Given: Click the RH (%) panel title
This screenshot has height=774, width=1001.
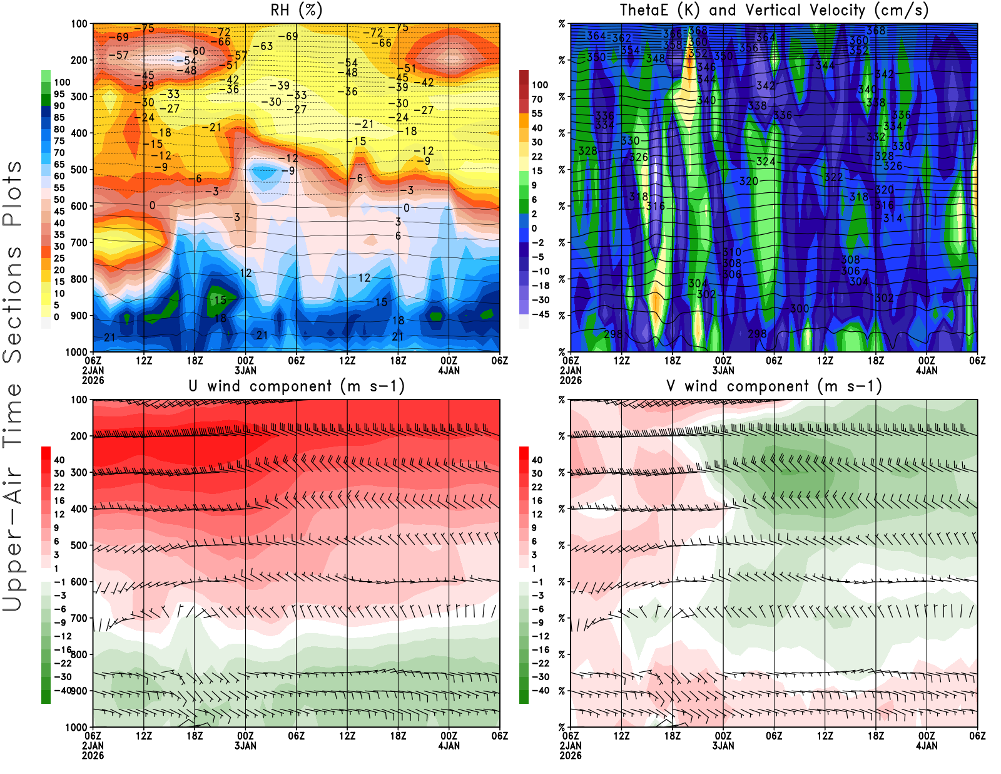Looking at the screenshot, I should (x=296, y=10).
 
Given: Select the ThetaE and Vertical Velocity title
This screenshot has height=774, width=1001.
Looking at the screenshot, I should (x=774, y=10).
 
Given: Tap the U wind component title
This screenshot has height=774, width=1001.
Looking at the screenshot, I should (x=296, y=386).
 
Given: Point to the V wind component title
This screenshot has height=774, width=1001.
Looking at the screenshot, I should (x=774, y=386).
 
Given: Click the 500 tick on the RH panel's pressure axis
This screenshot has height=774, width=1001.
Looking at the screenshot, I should (x=79, y=169).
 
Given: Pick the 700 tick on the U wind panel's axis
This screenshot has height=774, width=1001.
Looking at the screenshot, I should (x=79, y=618).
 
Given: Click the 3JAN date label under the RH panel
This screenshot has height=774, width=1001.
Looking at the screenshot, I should (x=245, y=370).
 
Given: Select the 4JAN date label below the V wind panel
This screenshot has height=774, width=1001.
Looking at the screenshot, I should (x=927, y=746).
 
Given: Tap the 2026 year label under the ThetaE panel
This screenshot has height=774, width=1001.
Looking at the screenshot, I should (x=571, y=380).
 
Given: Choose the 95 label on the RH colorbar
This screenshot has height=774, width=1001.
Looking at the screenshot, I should (x=59, y=94).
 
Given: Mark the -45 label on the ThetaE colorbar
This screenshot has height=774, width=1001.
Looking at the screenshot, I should (x=541, y=314).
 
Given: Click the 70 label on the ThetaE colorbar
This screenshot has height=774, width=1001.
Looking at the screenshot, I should (x=537, y=99).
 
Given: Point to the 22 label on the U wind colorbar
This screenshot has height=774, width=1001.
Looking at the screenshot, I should (x=59, y=487).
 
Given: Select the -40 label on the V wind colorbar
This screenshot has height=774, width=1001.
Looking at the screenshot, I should (x=541, y=691).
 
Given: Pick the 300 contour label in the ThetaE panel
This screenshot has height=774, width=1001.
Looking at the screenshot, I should (x=800, y=309).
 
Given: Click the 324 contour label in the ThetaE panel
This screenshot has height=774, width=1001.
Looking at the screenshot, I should (x=766, y=162).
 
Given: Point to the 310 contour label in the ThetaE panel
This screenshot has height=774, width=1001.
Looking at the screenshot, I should (x=732, y=252).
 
